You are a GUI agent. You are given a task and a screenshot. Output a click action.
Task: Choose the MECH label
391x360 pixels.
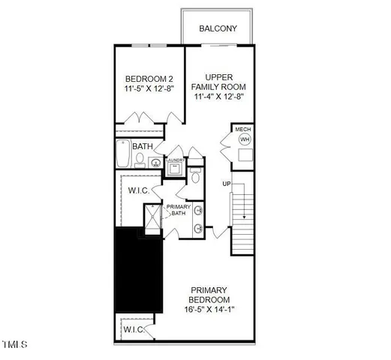243,130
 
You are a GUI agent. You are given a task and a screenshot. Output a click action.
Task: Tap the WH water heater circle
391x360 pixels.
243,139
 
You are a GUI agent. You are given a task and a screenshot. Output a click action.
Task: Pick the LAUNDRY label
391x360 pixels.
175,160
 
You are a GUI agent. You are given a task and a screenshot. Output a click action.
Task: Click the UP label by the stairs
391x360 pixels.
226,184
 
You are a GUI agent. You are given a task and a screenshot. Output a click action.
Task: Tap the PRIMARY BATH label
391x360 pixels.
179,209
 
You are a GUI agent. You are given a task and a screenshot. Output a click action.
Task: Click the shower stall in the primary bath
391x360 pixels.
152,220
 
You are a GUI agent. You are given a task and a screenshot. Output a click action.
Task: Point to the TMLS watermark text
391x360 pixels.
14,345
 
